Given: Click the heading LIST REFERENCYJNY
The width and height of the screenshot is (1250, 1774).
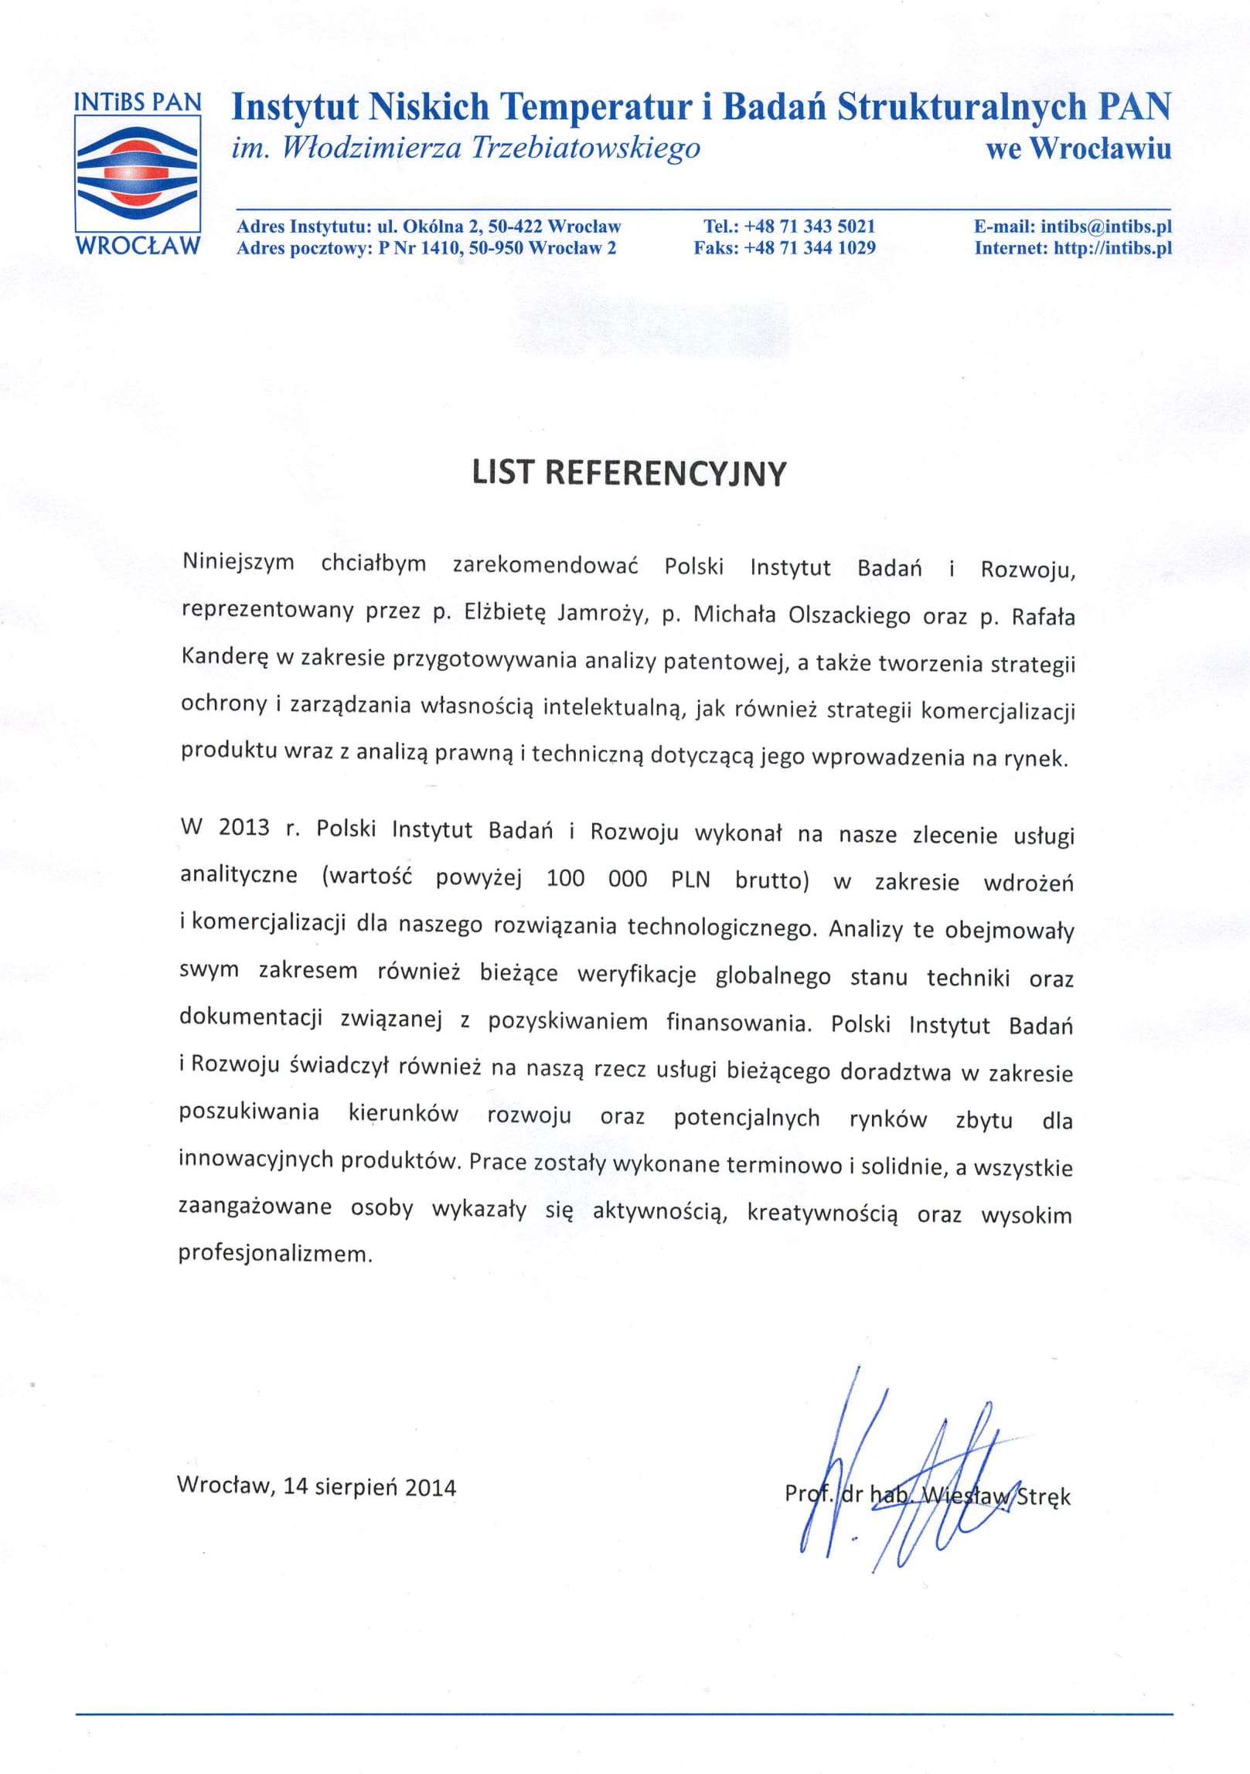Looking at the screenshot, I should [x=628, y=474].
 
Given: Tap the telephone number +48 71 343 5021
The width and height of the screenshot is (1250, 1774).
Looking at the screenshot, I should [x=809, y=226].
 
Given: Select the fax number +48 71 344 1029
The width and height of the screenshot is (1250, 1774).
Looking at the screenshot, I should [x=809, y=248].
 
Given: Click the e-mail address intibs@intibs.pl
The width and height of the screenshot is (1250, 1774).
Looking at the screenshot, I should [x=1106, y=226].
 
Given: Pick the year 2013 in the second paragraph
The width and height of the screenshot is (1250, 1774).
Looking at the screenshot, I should [x=244, y=827].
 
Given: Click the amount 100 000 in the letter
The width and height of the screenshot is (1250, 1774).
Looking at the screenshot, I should [x=596, y=879].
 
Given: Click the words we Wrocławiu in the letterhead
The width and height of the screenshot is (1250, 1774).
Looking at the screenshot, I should [x=1078, y=148].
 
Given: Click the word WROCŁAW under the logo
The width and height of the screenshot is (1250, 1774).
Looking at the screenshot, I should [x=138, y=246].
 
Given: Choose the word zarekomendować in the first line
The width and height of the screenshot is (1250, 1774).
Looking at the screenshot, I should [x=545, y=565].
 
